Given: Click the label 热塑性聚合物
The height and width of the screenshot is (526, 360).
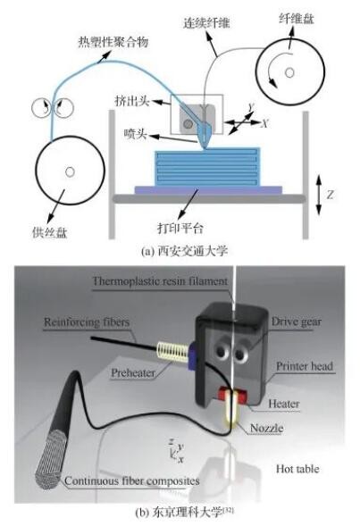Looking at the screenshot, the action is click(113, 42).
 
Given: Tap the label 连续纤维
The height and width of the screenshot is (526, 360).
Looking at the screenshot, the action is click(206, 22).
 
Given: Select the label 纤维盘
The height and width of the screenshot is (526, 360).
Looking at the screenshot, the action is click(297, 18).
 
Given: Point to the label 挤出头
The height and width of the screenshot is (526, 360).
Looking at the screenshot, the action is click(132, 101).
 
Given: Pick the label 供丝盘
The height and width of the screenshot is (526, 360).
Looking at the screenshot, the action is click(50, 231).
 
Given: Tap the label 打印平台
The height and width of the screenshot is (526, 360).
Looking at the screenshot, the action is click(180, 228).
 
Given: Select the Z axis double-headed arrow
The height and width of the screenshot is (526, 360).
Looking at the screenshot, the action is click(319, 194).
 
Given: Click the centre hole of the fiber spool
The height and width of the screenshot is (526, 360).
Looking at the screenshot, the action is click(289, 72).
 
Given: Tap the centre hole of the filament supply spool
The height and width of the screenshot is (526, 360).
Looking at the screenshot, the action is click(70, 171).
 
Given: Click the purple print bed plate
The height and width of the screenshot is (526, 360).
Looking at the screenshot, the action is click(208, 190).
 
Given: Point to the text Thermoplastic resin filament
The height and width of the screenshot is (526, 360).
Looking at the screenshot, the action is click(160, 281).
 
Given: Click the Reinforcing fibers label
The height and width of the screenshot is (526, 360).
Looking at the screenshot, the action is click(87, 322).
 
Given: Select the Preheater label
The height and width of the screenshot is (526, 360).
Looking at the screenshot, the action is click(133, 373).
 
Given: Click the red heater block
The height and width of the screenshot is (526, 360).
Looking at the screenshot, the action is click(232, 393).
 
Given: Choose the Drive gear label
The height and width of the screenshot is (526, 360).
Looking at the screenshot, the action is click(297, 321).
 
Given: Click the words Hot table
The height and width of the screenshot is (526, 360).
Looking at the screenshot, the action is click(297, 469).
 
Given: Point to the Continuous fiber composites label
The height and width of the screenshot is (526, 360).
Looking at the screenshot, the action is click(132, 480).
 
